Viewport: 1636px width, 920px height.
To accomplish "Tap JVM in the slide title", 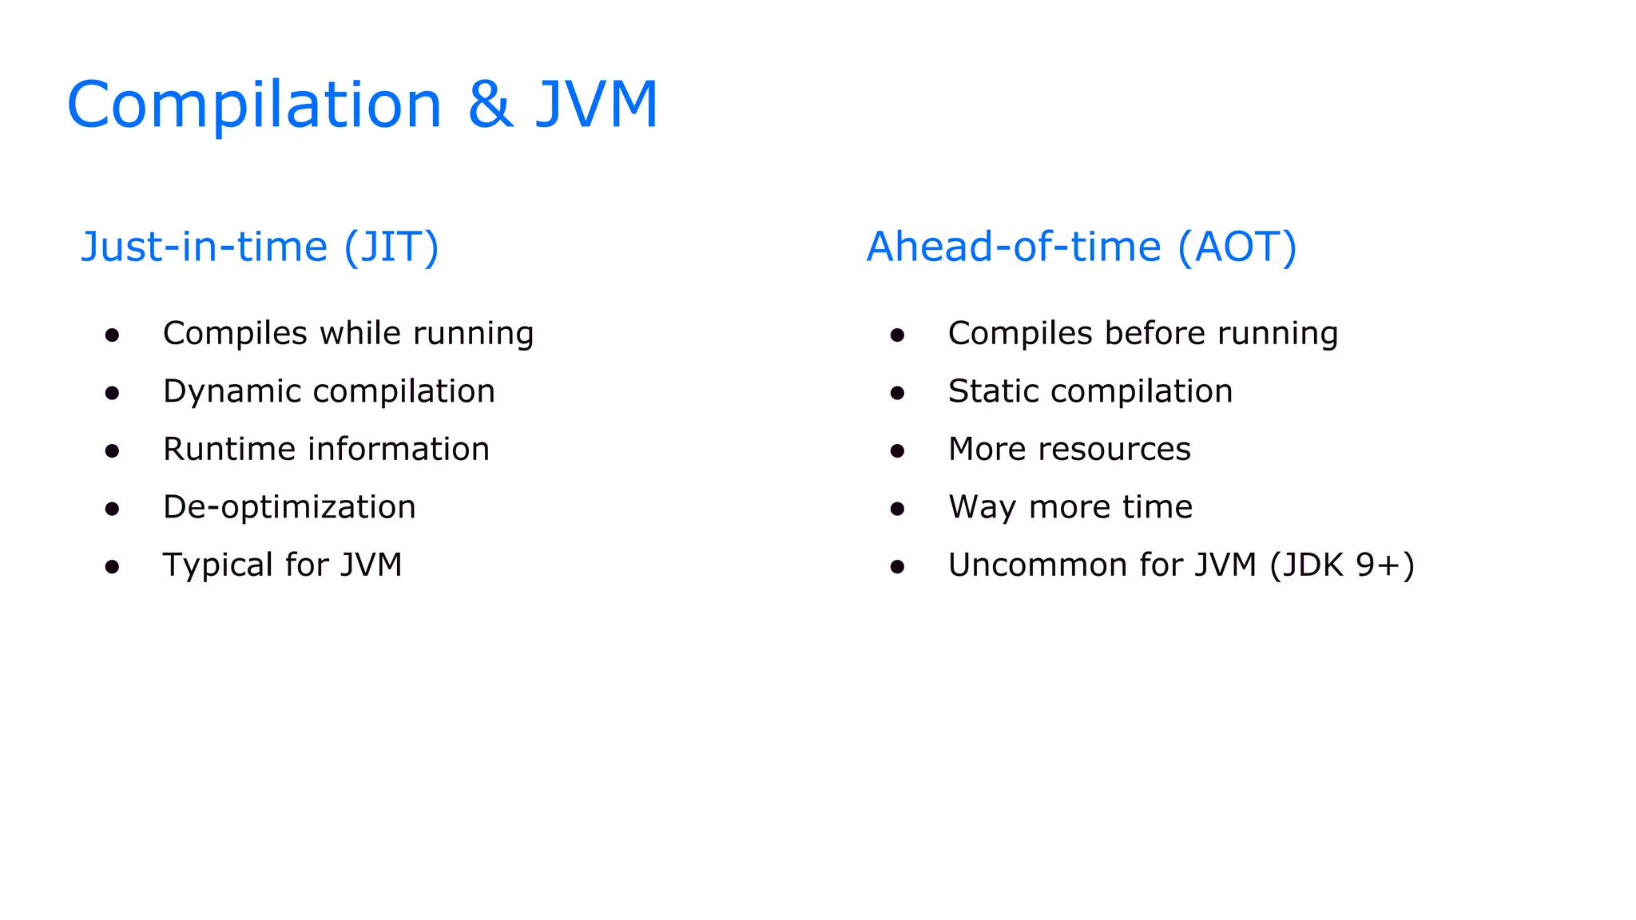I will [597, 105].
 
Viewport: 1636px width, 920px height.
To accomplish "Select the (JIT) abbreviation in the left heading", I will [391, 247].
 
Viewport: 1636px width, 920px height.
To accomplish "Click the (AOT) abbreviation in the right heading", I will [1237, 247].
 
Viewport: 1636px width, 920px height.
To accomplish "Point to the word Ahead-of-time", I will [1014, 247].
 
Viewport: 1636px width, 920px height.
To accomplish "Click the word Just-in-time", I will [204, 247].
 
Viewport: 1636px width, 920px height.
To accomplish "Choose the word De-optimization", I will [289, 508].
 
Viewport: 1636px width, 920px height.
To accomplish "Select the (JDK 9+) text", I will [1342, 565].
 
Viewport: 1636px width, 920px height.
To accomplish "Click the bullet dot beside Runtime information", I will [112, 451].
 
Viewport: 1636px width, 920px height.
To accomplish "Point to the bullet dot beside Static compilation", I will [897, 393].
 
